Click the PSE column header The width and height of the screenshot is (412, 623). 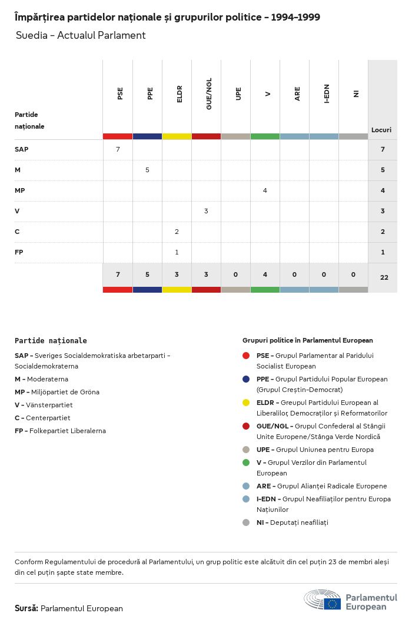120,93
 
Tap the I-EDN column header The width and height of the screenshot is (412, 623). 327,93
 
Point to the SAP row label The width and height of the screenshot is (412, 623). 21,149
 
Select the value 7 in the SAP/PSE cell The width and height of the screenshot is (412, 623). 118,149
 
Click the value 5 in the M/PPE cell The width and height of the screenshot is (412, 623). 147,170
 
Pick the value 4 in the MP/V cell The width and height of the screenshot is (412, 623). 265,190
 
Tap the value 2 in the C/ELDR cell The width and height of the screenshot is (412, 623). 177,232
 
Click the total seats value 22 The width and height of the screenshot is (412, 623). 384,277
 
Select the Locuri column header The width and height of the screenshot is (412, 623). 381,130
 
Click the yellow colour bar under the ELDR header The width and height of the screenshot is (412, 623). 177,136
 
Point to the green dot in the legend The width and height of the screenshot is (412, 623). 246,463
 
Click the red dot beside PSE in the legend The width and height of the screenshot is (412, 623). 246,356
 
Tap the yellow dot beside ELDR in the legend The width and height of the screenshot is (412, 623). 246,403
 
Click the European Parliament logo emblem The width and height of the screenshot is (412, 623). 323,601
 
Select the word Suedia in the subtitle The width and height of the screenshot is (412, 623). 28,35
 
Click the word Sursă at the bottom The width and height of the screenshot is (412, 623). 26,608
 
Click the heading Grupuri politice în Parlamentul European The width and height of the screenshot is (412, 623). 307,340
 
